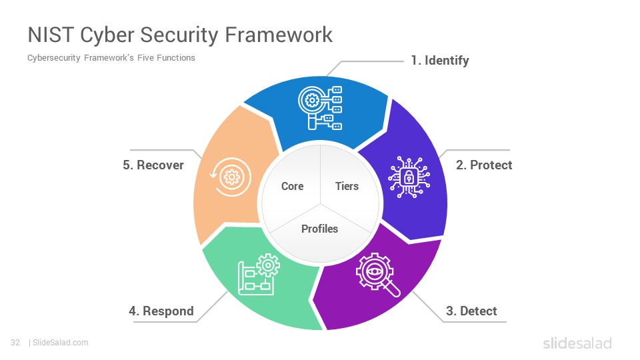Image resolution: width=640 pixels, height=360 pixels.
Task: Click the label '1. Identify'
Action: point(440,61)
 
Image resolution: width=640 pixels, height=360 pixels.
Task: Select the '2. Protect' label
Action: point(484,165)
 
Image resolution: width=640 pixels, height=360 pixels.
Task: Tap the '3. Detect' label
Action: point(471,311)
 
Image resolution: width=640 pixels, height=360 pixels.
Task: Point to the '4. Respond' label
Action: point(161,311)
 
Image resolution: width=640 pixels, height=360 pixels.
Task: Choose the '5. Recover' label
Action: point(153,165)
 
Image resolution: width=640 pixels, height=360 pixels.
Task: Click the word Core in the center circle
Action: point(292,186)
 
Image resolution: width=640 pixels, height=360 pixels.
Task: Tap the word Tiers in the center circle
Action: point(347,186)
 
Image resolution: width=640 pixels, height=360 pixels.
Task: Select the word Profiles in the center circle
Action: point(319,229)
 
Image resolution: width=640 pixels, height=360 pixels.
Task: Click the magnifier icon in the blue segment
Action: point(320,108)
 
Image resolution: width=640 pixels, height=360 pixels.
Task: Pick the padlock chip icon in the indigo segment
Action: point(409,177)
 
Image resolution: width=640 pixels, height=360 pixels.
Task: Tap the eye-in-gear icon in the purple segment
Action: point(377,275)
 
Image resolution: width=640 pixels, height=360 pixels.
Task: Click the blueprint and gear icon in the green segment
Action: point(259,274)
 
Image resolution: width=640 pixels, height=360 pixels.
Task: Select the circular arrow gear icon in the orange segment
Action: point(231,177)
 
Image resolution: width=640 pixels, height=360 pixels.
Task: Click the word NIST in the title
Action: point(51,35)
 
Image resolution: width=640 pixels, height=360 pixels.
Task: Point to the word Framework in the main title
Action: point(279,35)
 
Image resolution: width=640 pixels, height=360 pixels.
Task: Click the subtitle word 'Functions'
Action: point(175,58)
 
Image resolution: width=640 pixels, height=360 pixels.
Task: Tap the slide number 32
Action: point(15,343)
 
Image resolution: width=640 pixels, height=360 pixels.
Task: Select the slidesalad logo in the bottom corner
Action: point(577,343)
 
